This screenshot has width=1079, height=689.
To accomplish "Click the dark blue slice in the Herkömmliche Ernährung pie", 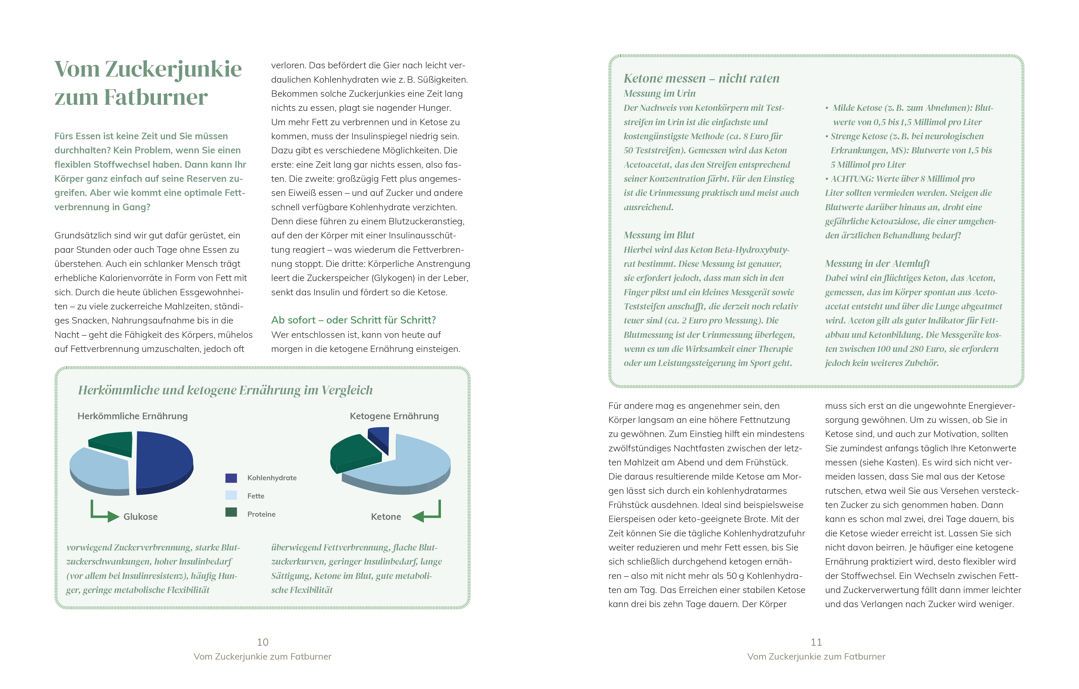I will coord(164,460).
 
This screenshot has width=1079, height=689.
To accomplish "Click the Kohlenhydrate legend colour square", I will coord(231,478).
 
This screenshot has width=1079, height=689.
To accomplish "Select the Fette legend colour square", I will coord(231,495).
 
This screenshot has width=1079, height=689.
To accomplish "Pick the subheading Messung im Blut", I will coord(659,235).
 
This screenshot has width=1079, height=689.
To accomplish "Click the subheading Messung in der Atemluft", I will coord(877,264).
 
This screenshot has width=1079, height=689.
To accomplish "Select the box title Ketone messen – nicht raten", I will coord(701,78).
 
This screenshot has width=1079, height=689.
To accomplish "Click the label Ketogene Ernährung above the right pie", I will coord(394,416).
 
